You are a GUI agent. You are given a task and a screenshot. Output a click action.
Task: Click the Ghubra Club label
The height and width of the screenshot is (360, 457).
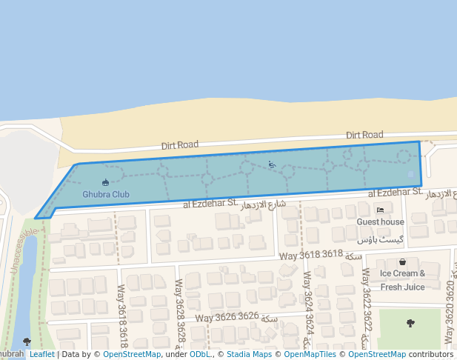(106, 195)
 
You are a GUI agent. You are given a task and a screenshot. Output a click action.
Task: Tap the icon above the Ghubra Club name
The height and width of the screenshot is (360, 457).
(105, 182)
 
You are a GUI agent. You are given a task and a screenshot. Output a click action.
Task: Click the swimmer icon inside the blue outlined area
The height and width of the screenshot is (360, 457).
(272, 164)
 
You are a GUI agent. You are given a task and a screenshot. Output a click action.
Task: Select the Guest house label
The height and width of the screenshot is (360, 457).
(381, 221)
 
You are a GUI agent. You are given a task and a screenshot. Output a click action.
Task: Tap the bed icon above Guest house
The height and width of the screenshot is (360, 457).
(380, 210)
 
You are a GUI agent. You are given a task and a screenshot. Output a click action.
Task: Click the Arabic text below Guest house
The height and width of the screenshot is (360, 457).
(381, 240)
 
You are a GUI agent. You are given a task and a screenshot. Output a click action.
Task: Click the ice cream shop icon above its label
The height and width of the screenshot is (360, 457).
(402, 261)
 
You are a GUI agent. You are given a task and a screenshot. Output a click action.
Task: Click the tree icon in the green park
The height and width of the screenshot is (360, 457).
(411, 323)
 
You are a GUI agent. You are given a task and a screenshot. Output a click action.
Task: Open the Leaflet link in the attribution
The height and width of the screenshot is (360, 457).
(42, 354)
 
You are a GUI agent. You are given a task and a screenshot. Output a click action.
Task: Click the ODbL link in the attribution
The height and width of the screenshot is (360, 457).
(200, 354)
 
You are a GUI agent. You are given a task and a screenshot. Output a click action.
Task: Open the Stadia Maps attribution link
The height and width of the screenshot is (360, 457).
(250, 354)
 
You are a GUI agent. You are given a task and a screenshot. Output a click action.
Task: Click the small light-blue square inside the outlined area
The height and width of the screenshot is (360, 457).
(411, 174)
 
